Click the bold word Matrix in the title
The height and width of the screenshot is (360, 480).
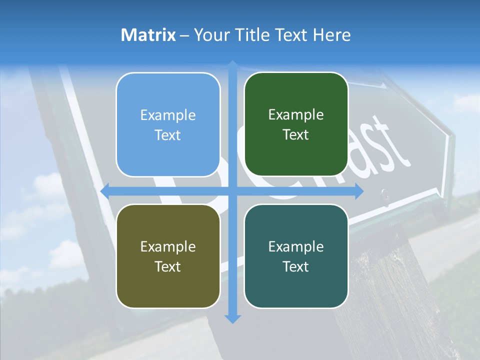coord(148,35)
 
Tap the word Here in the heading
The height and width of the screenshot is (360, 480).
coord(331,35)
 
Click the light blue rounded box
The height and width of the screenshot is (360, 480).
coord(168,124)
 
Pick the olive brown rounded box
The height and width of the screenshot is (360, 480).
coord(168,256)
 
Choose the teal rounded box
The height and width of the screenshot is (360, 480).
coord(296,256)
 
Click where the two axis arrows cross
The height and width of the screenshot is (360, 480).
coord(232,191)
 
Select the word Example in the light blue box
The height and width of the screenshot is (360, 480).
coord(168,115)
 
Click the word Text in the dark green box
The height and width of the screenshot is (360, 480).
coord(296,134)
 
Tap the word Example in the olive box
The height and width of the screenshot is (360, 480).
coord(168,247)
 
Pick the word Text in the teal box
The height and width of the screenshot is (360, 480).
coord(296,266)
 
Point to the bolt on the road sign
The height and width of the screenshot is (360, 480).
coord(384,192)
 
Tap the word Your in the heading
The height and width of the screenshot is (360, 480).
coord(210,35)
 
